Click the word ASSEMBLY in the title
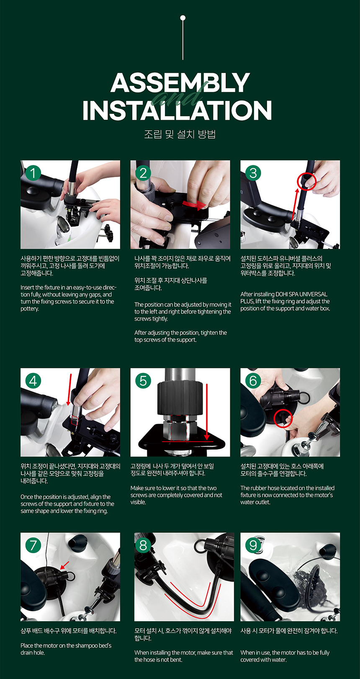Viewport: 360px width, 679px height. pos(180,82)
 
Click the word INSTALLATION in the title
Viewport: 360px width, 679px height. pos(177,111)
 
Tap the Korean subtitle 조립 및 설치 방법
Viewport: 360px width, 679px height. pos(180,134)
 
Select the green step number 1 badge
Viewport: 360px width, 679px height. pos(33,173)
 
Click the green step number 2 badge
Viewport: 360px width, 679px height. pos(143,173)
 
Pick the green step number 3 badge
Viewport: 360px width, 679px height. pos(253,173)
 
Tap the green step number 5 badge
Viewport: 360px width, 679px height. pos(143,381)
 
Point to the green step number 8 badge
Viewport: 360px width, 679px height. pos(143,545)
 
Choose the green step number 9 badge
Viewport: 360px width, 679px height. pos(253,545)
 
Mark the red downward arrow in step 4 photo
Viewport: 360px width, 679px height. pos(69,389)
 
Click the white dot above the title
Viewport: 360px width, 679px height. pos(183,18)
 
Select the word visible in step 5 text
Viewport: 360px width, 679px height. pos(138,502)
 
